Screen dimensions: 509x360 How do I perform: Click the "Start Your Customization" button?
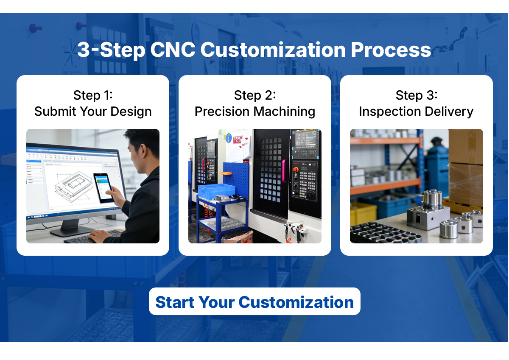[x=255, y=301]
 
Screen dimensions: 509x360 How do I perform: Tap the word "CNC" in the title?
[x=173, y=50]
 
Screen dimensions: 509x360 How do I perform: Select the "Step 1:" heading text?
[x=93, y=95]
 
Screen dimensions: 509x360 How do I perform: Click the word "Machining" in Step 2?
[x=284, y=112]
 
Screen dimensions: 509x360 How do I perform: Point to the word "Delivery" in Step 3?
[x=449, y=112]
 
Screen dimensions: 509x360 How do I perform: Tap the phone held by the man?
[x=103, y=187]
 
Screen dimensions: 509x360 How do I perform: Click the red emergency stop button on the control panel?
[x=295, y=170]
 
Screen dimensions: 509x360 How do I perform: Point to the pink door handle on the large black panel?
[x=284, y=170]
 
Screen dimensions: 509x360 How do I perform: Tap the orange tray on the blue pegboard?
[x=225, y=173]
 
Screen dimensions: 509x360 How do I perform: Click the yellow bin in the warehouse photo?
[x=363, y=214]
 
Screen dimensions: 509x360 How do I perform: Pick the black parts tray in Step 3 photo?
[x=384, y=233]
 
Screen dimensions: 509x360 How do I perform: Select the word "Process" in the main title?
[x=391, y=50]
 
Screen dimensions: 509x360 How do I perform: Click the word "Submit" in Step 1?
[x=55, y=112]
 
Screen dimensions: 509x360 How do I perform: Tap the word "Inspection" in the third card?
[x=390, y=112]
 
